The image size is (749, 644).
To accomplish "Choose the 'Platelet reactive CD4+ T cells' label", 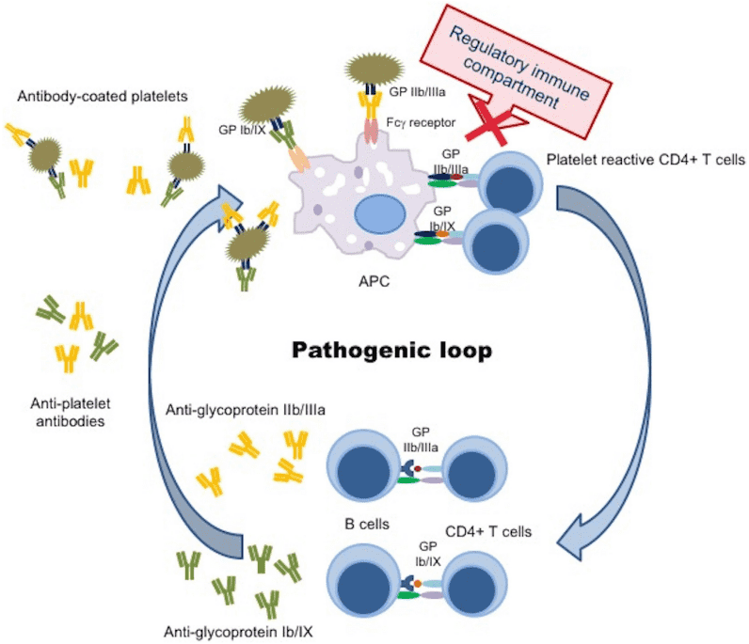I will point(645,159).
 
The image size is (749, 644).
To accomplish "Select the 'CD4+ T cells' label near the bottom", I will point(487,532).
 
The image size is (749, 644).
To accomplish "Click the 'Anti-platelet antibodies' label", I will point(67,414).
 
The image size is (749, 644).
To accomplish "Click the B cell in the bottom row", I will point(361,582).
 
